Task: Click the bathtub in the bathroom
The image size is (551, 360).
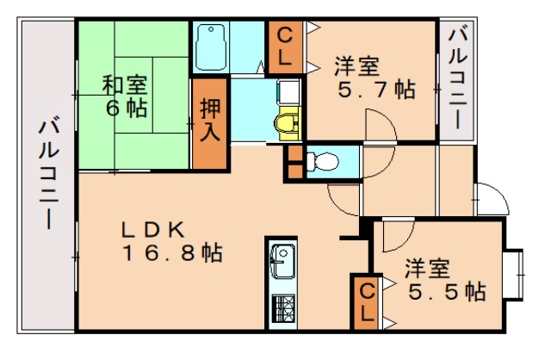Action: point(211,47)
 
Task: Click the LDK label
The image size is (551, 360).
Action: point(153,230)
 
